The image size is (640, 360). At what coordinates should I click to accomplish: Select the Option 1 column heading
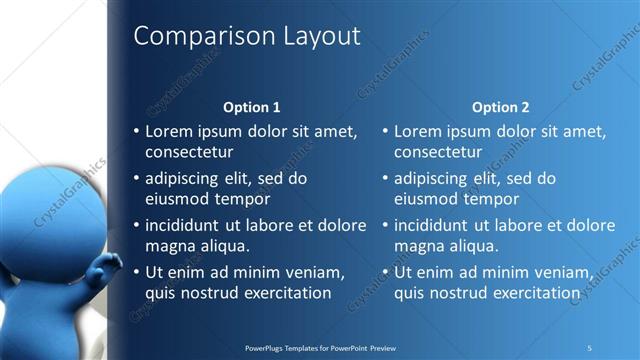[251, 107]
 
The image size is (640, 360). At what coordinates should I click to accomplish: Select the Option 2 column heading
[501, 107]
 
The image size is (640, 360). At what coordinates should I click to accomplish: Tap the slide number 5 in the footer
[589, 347]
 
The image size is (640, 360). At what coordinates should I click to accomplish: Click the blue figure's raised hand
[100, 269]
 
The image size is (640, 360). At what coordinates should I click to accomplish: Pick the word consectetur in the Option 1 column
[189, 153]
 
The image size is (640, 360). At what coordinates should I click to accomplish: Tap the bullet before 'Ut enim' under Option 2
[385, 272]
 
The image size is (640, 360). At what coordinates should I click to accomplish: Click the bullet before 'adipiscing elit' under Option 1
[136, 178]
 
